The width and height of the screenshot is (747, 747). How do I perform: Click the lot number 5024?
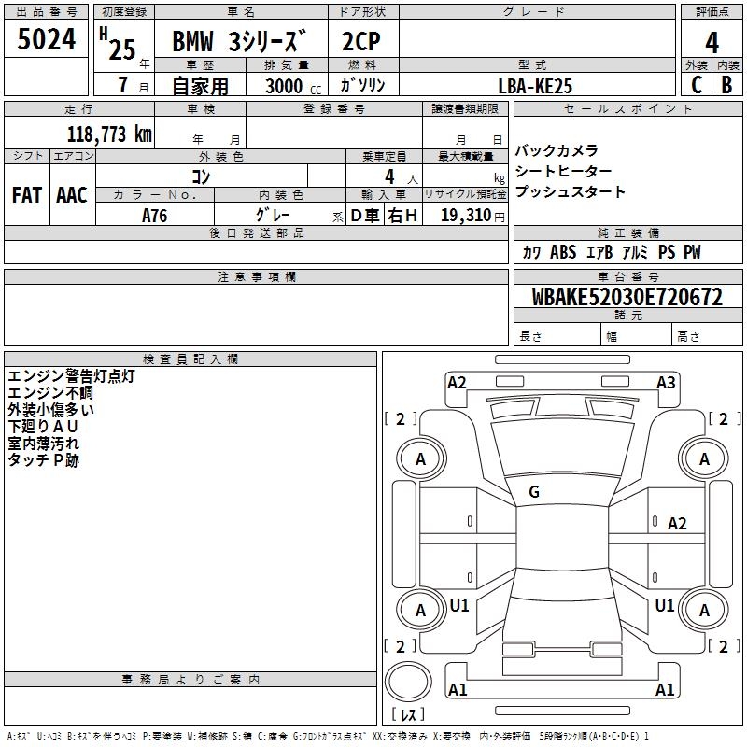[46, 41]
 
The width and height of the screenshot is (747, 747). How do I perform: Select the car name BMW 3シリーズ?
[239, 43]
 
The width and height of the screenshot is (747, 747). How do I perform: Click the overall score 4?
[712, 42]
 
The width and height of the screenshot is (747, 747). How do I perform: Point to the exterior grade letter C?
[696, 84]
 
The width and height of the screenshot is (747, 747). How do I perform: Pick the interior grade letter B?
[727, 84]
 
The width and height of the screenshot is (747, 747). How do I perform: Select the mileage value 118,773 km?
[109, 134]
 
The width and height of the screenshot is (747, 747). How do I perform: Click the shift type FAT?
[26, 195]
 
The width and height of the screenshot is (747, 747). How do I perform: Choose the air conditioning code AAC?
[71, 195]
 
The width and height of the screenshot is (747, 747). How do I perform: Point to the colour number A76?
[155, 215]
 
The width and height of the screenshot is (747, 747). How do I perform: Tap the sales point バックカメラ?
[557, 151]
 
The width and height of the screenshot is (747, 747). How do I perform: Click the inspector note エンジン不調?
[49, 393]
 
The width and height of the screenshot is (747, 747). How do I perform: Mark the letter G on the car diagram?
[534, 492]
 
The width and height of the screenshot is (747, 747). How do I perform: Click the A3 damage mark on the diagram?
[666, 382]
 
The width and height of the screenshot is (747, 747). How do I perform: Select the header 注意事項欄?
[257, 276]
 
